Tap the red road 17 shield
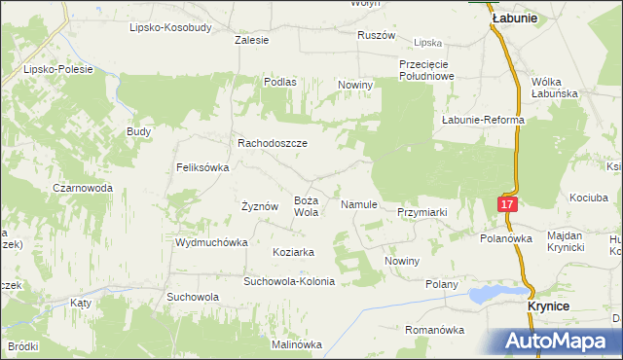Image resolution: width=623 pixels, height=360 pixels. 506,203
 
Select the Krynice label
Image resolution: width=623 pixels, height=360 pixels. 548,305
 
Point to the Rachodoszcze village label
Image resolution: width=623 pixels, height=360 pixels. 273,142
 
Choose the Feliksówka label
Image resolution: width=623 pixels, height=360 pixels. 202,167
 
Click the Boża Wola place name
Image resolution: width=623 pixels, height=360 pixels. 307,205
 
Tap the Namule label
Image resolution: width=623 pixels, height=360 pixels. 358,205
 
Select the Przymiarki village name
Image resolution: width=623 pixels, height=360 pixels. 421,211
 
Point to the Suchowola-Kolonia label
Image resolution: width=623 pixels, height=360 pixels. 289,281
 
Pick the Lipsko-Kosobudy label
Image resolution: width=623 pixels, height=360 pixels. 170,27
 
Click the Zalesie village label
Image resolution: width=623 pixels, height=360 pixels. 252,41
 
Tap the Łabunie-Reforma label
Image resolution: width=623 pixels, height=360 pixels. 483,120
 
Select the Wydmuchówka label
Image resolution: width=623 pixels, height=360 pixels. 208,242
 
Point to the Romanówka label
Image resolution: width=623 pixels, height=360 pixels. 435,330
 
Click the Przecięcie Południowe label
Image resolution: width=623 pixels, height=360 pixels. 426,69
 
